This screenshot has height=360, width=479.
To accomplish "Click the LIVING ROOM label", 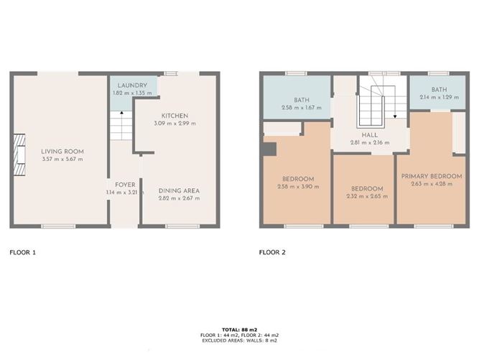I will click(x=62, y=151).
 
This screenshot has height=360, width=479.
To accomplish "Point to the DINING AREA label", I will click(x=179, y=190).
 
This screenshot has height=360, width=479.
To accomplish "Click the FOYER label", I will click(x=116, y=184).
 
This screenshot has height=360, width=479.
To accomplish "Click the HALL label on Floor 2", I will click(x=371, y=134).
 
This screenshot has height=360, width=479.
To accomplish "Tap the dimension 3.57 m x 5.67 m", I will click(x=62, y=159).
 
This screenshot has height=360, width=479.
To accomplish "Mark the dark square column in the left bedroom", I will click(x=269, y=149).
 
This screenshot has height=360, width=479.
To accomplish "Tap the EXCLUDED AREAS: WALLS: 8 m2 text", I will click(x=239, y=341).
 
